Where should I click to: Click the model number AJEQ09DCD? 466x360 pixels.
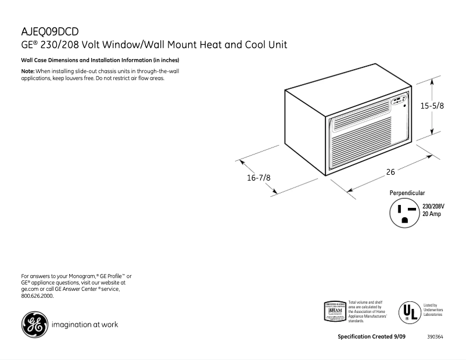pos(49,31)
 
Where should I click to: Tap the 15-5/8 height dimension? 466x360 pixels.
pos(432,106)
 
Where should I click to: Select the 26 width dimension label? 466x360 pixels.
pos(390,172)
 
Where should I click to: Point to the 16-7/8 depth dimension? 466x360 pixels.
pos(259,178)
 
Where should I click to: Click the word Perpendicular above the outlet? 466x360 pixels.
pos(407,193)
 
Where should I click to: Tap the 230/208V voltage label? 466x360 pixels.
pos(433,207)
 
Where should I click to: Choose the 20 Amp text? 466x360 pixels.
pos(432,214)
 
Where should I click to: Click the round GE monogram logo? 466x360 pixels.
pos(34,325)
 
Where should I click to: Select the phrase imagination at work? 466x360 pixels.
pos(85,325)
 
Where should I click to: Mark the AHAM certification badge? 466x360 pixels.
pos(335,311)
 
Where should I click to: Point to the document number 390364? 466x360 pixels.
pos(435,337)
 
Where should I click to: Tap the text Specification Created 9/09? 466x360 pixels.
pos(371,337)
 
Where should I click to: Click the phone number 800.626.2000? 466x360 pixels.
pos(37,296)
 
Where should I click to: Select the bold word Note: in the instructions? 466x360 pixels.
pos(28,71)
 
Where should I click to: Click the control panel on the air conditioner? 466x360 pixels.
pos(399,102)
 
